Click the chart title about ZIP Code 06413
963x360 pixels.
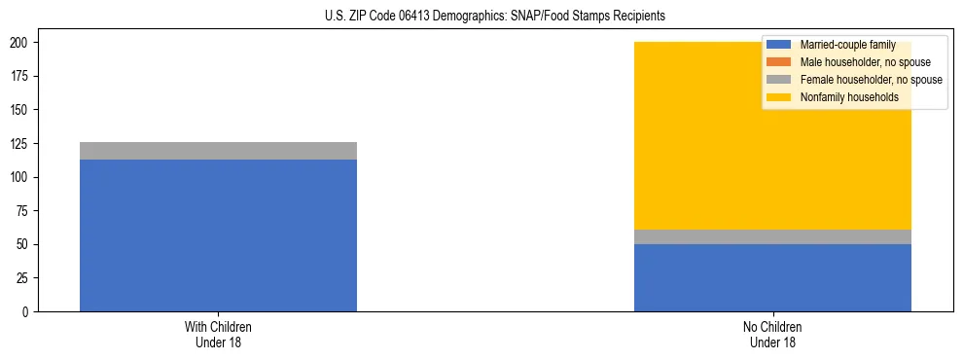pyautogui.click(x=495, y=17)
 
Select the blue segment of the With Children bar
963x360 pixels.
pyautogui.click(x=218, y=234)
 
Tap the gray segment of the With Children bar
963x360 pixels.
pyautogui.click(x=218, y=151)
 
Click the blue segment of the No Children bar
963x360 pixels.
pyautogui.click(x=772, y=277)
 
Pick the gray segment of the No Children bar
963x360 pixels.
pyautogui.click(x=772, y=236)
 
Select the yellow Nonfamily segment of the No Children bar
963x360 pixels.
pyautogui.click(x=700, y=136)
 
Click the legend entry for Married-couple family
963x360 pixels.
pyautogui.click(x=842, y=45)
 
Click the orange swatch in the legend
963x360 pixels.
pyautogui.click(x=779, y=62)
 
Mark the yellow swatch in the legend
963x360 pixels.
pyautogui.click(x=779, y=97)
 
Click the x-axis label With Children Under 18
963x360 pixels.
pyautogui.click(x=218, y=334)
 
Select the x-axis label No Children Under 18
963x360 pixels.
pyautogui.click(x=772, y=334)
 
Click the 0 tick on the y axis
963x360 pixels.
pyautogui.click(x=29, y=312)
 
